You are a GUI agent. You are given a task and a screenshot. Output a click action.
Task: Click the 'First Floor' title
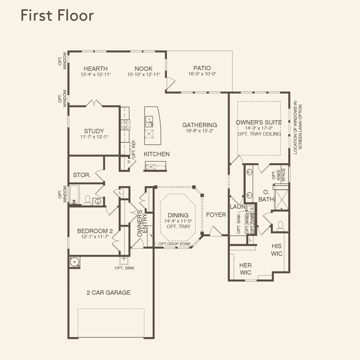pos(57,15)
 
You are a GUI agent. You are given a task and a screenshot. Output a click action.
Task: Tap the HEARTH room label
pos(96,69)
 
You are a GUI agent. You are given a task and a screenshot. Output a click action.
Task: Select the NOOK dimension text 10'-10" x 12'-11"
pos(143,75)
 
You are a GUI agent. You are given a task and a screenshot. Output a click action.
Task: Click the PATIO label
pos(202,68)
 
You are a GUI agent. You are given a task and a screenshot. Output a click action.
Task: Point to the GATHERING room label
pos(199,125)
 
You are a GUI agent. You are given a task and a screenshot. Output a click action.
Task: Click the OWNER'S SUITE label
pos(259,123)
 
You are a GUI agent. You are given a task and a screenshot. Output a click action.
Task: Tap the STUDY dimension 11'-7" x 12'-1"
pos(94,137)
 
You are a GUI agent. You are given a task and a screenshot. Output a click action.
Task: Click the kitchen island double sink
pos(149,122)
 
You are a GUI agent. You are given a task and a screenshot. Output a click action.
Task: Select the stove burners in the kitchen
pos(126,125)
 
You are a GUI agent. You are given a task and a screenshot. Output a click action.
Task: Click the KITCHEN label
pos(157,154)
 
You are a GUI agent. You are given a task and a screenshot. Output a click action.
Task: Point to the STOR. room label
pos(82,175)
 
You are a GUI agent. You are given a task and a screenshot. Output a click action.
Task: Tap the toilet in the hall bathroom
pos(87,200)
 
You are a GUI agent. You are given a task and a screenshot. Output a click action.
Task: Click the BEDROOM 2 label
pos(95,231)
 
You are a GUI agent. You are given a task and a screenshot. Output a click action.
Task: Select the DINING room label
pos(178,215)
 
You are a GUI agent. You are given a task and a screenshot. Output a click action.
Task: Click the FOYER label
pos(216,215)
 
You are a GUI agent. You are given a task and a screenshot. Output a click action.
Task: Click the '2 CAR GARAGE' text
pos(108,293)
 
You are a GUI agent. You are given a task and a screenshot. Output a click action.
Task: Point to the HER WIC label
pos(245,269)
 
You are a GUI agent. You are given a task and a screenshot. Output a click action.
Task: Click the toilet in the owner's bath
pos(280,226)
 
